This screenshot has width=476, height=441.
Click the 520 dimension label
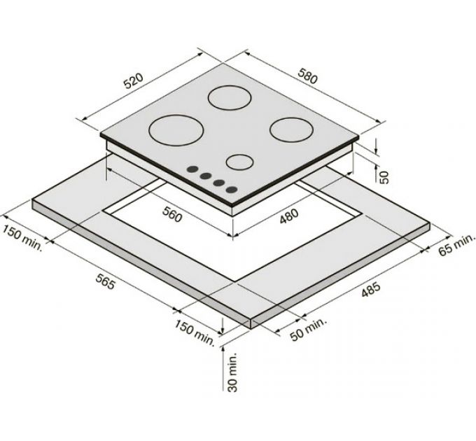tap(134, 81)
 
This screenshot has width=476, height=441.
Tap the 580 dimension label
tap(308, 76)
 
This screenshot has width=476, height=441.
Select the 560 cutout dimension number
tap(172, 214)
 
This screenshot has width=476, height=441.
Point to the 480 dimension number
tap(288, 216)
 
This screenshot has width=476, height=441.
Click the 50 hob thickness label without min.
tap(384, 177)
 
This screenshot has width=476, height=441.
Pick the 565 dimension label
tap(106, 281)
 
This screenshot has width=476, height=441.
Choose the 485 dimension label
tap(371, 290)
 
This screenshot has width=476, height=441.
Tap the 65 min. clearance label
tap(456, 244)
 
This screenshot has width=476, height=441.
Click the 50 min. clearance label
tap(308, 329)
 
